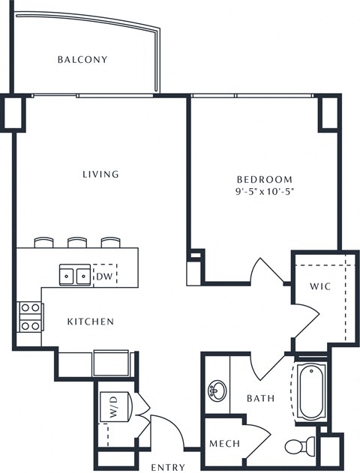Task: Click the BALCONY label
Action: point(82,59)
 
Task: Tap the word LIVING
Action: point(100,174)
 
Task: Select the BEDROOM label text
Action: point(265,179)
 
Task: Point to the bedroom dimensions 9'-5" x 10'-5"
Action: point(265,192)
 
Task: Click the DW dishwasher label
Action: point(104,276)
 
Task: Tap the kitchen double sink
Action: point(75,275)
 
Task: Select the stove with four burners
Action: point(30,317)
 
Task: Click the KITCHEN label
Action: point(91,322)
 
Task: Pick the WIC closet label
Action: point(320,286)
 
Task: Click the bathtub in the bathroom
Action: point(310,389)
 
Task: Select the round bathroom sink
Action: point(217,391)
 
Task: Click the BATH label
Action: point(261,399)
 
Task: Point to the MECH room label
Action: point(225,444)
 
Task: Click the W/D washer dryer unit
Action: point(116,406)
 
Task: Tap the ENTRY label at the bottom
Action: point(168,467)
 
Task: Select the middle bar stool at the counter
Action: point(77,243)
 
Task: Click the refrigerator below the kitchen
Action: point(112,364)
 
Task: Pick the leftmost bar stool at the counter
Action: point(43,243)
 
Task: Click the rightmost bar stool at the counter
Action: point(110,243)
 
